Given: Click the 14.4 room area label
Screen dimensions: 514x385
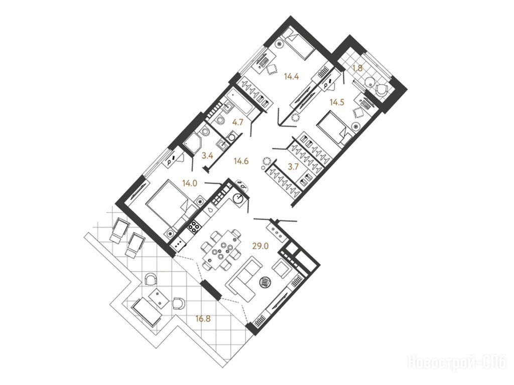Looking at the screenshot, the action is (x=292, y=77).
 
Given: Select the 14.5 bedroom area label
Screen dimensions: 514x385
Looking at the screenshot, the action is (x=337, y=102).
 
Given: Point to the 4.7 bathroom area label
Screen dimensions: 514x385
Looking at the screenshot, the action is (x=237, y=122).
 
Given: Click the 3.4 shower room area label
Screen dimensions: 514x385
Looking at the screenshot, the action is (x=207, y=156).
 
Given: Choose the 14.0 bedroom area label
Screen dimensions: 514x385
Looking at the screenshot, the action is (x=190, y=184).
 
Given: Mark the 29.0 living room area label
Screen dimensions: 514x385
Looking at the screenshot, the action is (x=261, y=246).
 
